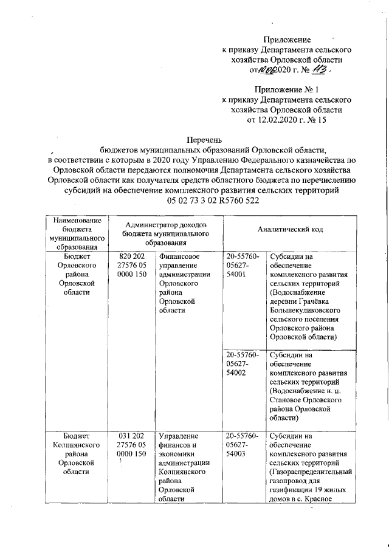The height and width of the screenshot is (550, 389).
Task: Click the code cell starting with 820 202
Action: [x=129, y=266]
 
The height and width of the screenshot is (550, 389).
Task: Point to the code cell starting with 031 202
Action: [x=129, y=444]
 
